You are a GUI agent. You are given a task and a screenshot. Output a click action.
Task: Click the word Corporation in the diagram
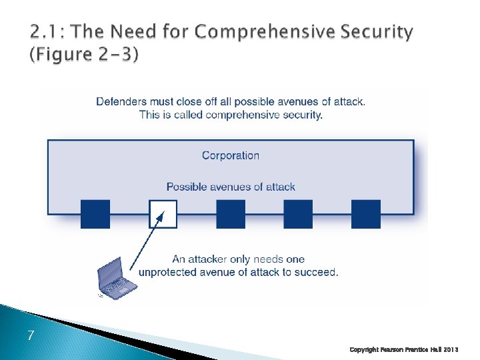231,155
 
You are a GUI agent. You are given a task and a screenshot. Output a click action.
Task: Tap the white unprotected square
163,214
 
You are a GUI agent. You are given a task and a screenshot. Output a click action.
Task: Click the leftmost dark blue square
95,214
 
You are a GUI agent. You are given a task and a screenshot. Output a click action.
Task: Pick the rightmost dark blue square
366,214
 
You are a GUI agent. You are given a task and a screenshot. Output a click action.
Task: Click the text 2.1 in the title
43,32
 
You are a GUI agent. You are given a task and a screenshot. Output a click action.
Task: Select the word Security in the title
378,32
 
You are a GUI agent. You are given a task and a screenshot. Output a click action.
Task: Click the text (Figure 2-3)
84,55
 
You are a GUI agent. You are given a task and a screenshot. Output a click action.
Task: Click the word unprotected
169,272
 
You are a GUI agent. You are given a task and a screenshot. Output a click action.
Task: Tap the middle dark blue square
231,214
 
